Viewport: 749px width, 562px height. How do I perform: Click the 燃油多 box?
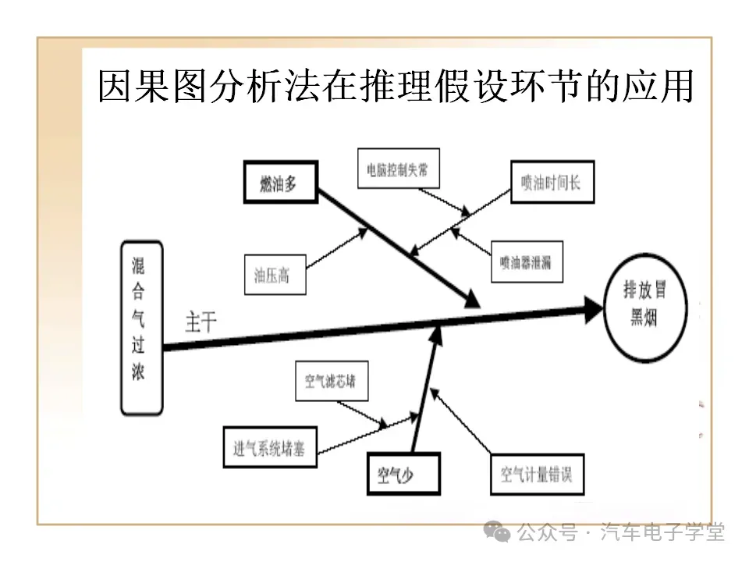tap(280, 184)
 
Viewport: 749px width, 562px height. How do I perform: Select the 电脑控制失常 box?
tap(398, 169)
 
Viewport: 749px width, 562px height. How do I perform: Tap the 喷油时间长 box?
tap(552, 183)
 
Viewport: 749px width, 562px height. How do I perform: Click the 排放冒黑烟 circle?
tap(644, 308)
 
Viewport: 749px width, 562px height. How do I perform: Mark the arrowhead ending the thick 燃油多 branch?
tap(470, 301)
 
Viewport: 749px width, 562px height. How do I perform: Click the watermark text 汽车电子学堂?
tap(663, 532)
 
